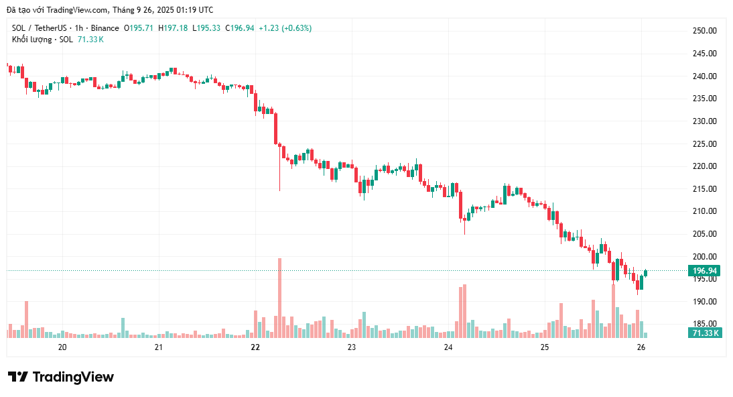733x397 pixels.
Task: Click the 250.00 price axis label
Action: coord(704,31)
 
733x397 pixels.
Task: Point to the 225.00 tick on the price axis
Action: coord(704,144)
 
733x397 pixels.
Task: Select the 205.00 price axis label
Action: coord(704,234)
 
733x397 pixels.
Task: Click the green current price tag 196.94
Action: coord(706,271)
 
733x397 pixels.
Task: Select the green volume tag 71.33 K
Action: coord(706,333)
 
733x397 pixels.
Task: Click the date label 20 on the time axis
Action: coord(62,347)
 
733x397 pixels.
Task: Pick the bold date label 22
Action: coord(255,347)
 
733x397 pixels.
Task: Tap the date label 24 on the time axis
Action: coord(448,347)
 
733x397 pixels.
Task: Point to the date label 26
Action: coord(641,347)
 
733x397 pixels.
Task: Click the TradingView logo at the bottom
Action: coord(61,377)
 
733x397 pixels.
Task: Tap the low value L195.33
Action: coord(206,28)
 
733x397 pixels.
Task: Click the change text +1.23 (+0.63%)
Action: coord(285,28)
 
